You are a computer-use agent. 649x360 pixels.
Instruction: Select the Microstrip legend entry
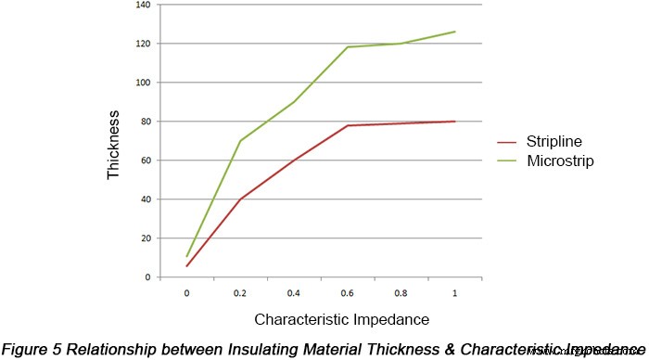(x=556, y=161)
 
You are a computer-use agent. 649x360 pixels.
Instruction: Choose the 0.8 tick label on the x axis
(x=401, y=293)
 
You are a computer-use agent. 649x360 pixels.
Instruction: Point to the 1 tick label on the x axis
(x=454, y=293)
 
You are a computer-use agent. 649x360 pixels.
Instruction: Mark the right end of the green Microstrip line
(x=454, y=32)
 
